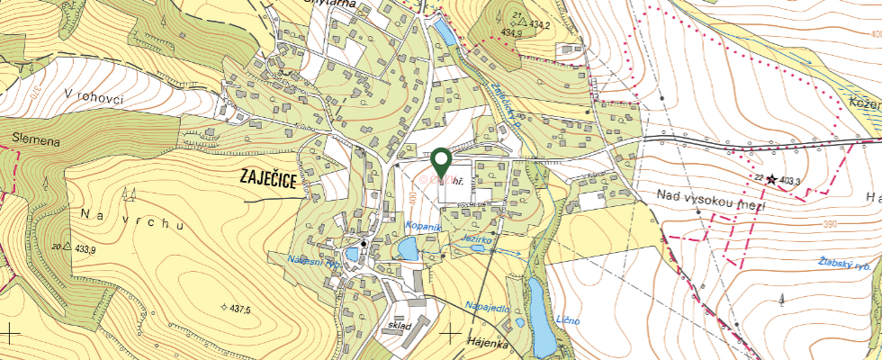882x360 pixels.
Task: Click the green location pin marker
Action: pos(441,161)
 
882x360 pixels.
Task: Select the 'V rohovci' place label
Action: pos(94,96)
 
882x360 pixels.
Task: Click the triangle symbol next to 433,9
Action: pos(67,246)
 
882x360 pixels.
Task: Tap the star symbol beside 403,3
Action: pos(770,179)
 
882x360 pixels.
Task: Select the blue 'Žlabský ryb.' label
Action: pos(847,264)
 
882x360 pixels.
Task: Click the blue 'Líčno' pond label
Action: pos(568,320)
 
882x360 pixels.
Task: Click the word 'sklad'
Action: pos(399,325)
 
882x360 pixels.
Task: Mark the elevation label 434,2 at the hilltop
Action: pos(537,24)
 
